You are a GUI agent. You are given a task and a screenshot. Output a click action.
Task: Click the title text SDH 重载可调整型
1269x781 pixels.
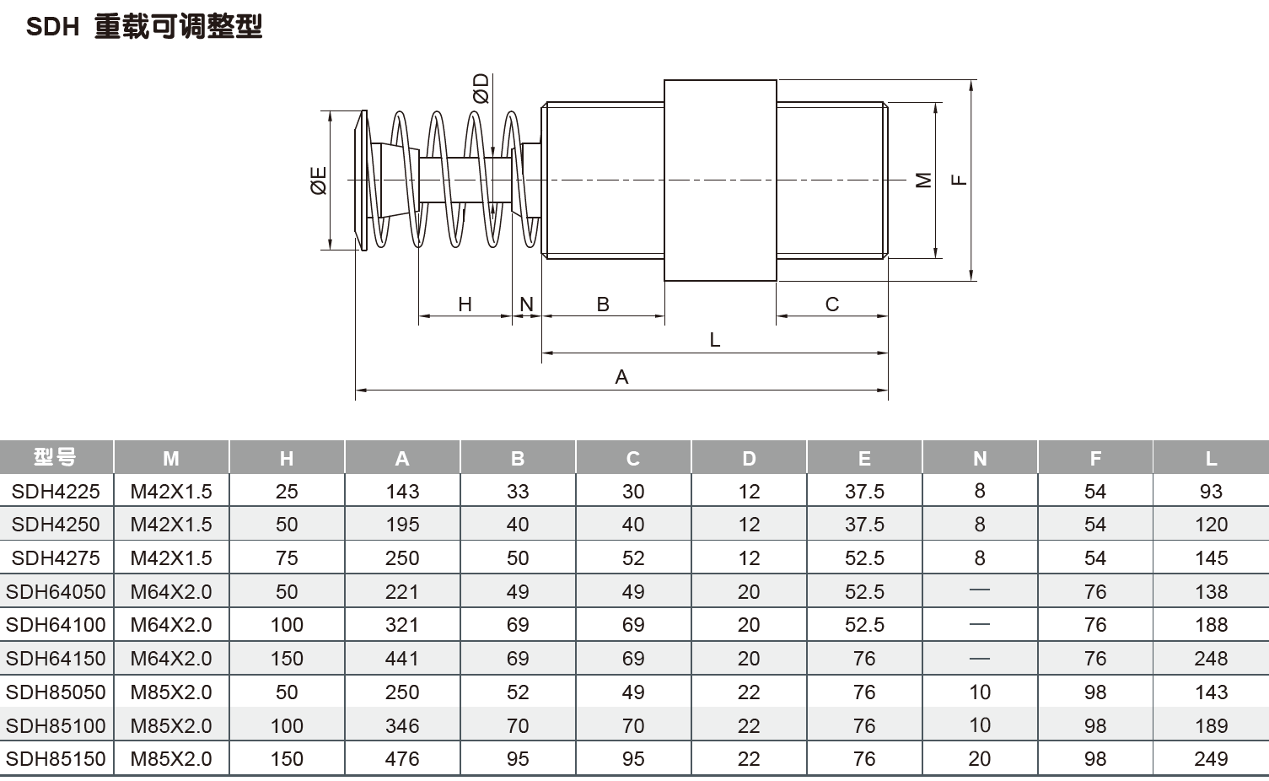click(x=144, y=27)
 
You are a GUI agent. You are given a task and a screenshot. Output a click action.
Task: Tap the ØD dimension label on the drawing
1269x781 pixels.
click(x=481, y=88)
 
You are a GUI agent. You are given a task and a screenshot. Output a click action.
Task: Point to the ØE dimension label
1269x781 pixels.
click(x=319, y=180)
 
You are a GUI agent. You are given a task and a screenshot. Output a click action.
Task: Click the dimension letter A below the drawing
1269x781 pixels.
click(x=621, y=377)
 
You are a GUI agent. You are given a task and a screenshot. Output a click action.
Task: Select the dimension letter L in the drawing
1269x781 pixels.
click(x=715, y=340)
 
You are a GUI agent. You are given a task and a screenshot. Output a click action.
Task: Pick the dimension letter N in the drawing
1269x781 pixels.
click(x=527, y=304)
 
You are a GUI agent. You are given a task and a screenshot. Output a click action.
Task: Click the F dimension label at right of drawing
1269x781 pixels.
click(x=959, y=180)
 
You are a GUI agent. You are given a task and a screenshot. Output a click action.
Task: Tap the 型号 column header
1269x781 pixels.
click(x=56, y=457)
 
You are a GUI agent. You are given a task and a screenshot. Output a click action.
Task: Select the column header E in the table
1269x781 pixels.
click(x=864, y=458)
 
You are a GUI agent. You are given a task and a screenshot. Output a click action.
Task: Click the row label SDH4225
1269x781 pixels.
click(x=56, y=491)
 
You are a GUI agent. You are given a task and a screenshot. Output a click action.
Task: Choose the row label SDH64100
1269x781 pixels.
click(x=56, y=625)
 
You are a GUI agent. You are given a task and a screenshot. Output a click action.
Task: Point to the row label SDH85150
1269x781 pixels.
click(x=56, y=759)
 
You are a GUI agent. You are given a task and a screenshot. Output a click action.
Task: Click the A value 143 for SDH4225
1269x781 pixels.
click(x=402, y=491)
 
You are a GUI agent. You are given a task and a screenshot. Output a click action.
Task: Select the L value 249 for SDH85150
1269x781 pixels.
click(x=1211, y=759)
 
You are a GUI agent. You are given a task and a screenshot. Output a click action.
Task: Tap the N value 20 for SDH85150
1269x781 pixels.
click(x=980, y=759)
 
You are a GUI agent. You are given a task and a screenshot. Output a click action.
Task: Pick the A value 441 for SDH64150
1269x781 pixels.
click(x=402, y=659)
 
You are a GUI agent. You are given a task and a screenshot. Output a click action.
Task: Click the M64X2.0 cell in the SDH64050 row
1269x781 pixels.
click(x=171, y=591)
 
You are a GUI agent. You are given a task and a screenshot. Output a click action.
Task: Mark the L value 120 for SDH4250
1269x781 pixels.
click(x=1211, y=525)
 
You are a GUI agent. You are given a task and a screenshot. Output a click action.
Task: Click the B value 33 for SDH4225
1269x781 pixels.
click(x=518, y=491)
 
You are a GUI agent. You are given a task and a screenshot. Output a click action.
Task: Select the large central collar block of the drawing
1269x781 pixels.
click(x=720, y=180)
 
